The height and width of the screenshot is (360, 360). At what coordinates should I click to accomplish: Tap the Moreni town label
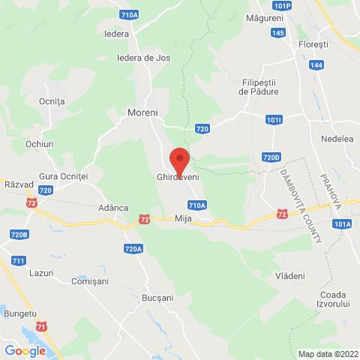[x=141, y=113]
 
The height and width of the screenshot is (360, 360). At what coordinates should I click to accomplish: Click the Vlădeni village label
[x=290, y=276]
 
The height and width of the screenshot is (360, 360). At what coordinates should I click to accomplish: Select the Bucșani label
[x=157, y=298]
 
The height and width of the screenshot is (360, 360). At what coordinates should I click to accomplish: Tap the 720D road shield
[x=271, y=157]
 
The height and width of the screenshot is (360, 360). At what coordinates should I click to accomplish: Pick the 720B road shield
[x=19, y=235]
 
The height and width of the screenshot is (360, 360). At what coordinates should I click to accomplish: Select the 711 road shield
[x=19, y=260]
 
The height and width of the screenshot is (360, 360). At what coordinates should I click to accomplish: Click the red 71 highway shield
[x=42, y=326]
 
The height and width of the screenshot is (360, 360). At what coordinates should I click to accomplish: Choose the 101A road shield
[x=343, y=223]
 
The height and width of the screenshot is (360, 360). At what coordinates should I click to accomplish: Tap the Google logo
[x=25, y=350]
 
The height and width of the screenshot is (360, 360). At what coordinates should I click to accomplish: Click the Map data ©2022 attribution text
[x=328, y=354]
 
